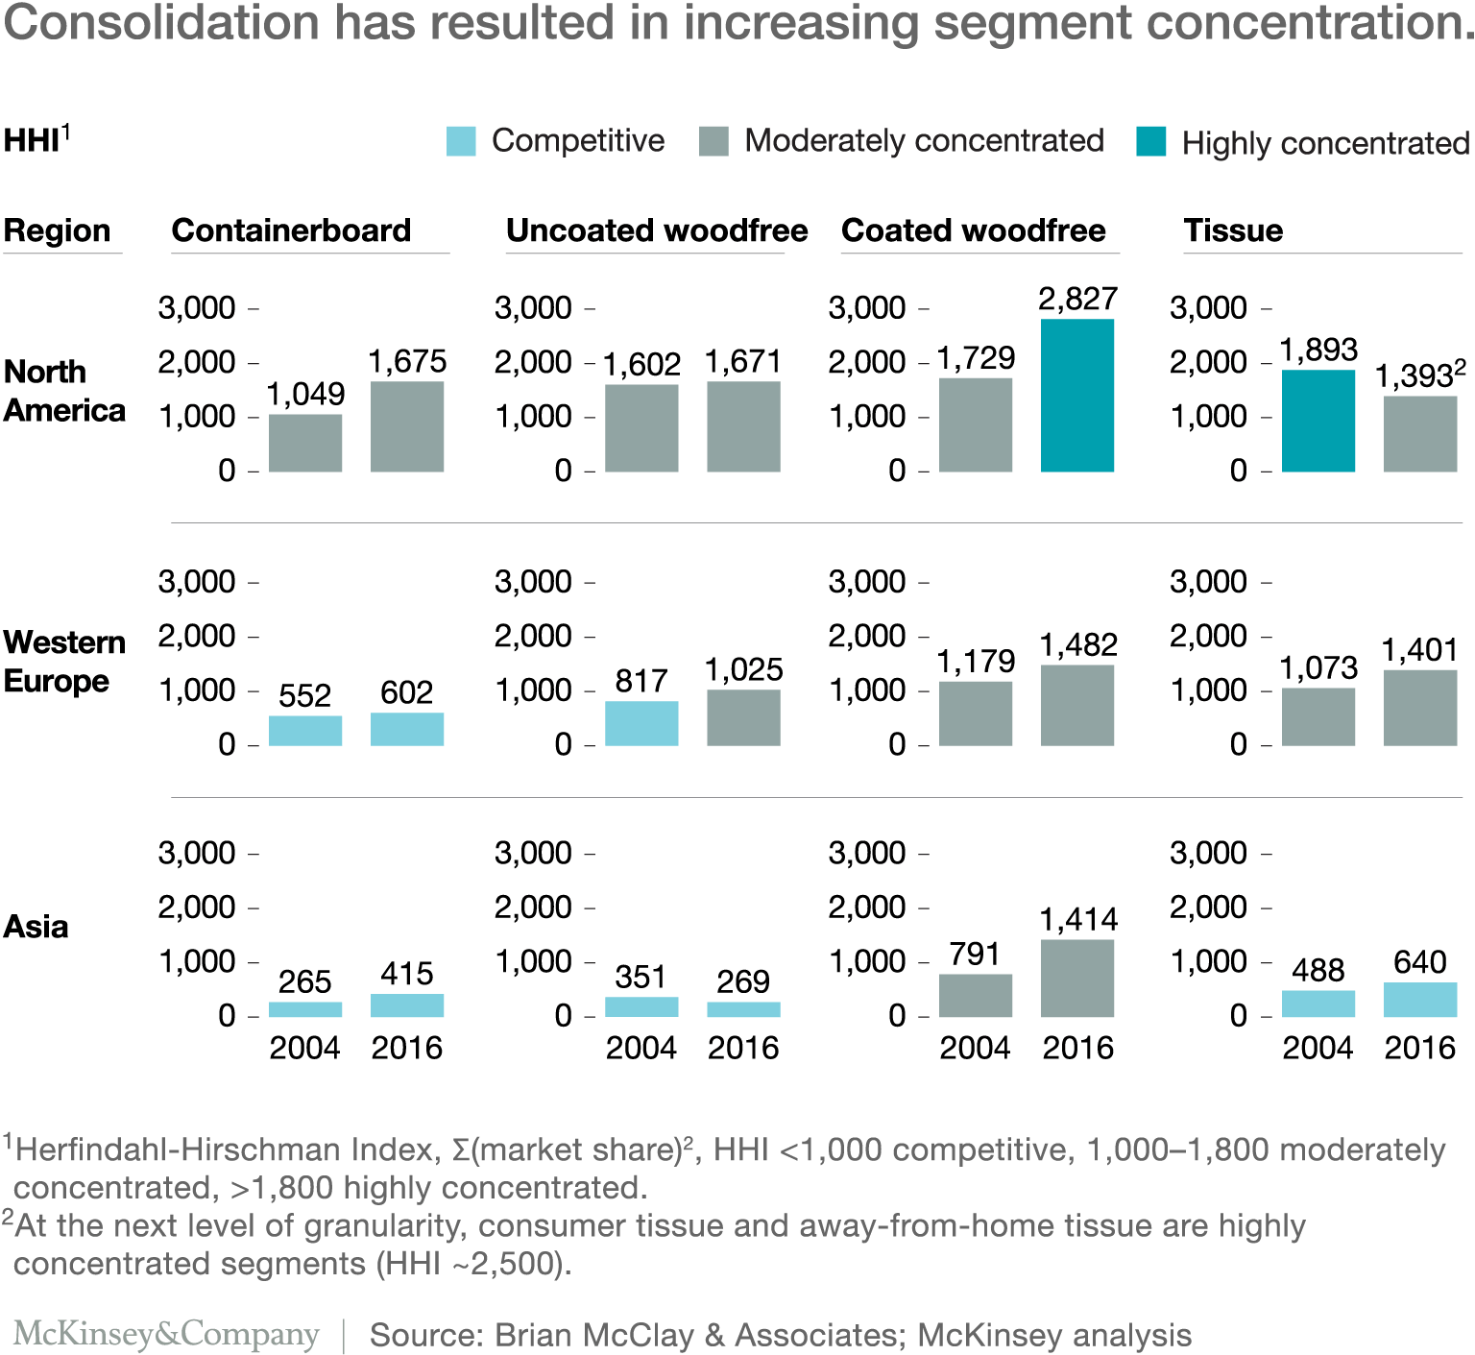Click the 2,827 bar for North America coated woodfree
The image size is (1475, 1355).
1076,395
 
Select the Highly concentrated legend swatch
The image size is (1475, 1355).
1150,141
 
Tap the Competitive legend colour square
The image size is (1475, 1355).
461,141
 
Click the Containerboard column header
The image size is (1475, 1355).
291,230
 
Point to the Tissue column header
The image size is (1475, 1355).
1233,230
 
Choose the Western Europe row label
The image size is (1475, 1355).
63,661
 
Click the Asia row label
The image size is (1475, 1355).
36,927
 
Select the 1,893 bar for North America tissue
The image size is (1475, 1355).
1318,421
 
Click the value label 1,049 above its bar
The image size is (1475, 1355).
305,394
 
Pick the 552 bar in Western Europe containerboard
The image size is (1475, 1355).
305,731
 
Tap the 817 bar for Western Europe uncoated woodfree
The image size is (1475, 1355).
641,723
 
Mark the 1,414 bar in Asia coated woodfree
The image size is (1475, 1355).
1076,978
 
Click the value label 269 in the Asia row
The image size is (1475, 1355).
742,981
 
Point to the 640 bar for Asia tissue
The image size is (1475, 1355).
1419,1000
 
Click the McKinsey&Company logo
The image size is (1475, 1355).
166,1334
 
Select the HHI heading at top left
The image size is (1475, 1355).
32,141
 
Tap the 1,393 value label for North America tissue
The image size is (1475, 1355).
1414,375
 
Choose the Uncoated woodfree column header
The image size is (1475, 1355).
657,230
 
